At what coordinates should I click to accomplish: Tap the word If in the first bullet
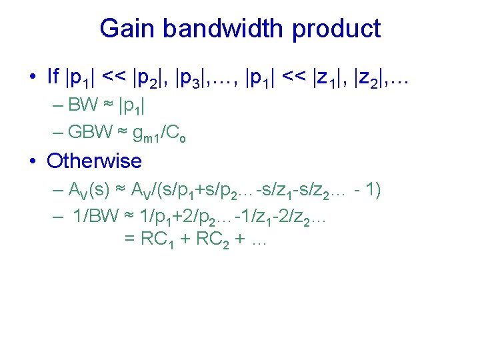53,77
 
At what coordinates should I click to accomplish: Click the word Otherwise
94,161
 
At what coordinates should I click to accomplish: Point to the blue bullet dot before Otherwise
33,161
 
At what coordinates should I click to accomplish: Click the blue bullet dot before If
33,77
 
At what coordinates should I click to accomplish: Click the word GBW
89,132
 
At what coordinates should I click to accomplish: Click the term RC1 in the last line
161,240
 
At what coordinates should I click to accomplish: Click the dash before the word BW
57,105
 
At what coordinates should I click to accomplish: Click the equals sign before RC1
131,240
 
